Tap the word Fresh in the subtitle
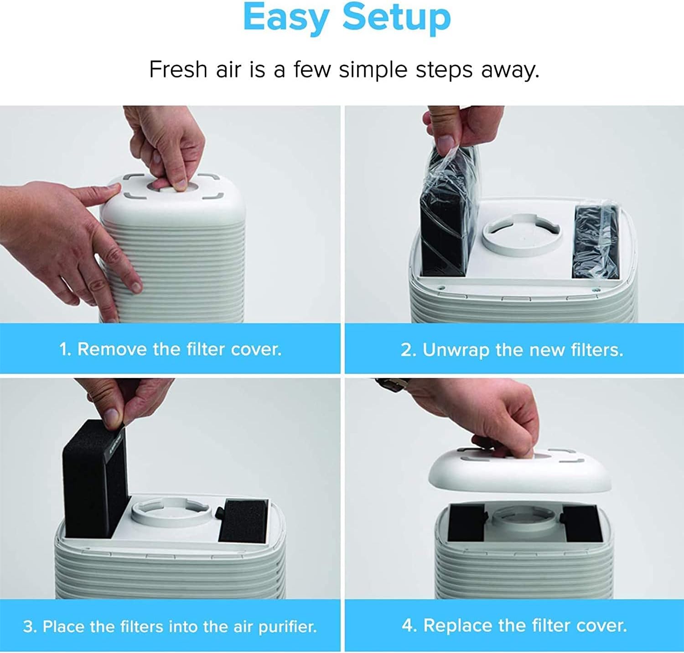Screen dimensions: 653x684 (x=178, y=70)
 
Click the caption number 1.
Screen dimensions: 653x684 (x=64, y=350)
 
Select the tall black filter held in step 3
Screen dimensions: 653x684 (x=93, y=477)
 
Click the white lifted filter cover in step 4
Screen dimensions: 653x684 (x=520, y=472)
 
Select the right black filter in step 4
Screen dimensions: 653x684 (x=582, y=524)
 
